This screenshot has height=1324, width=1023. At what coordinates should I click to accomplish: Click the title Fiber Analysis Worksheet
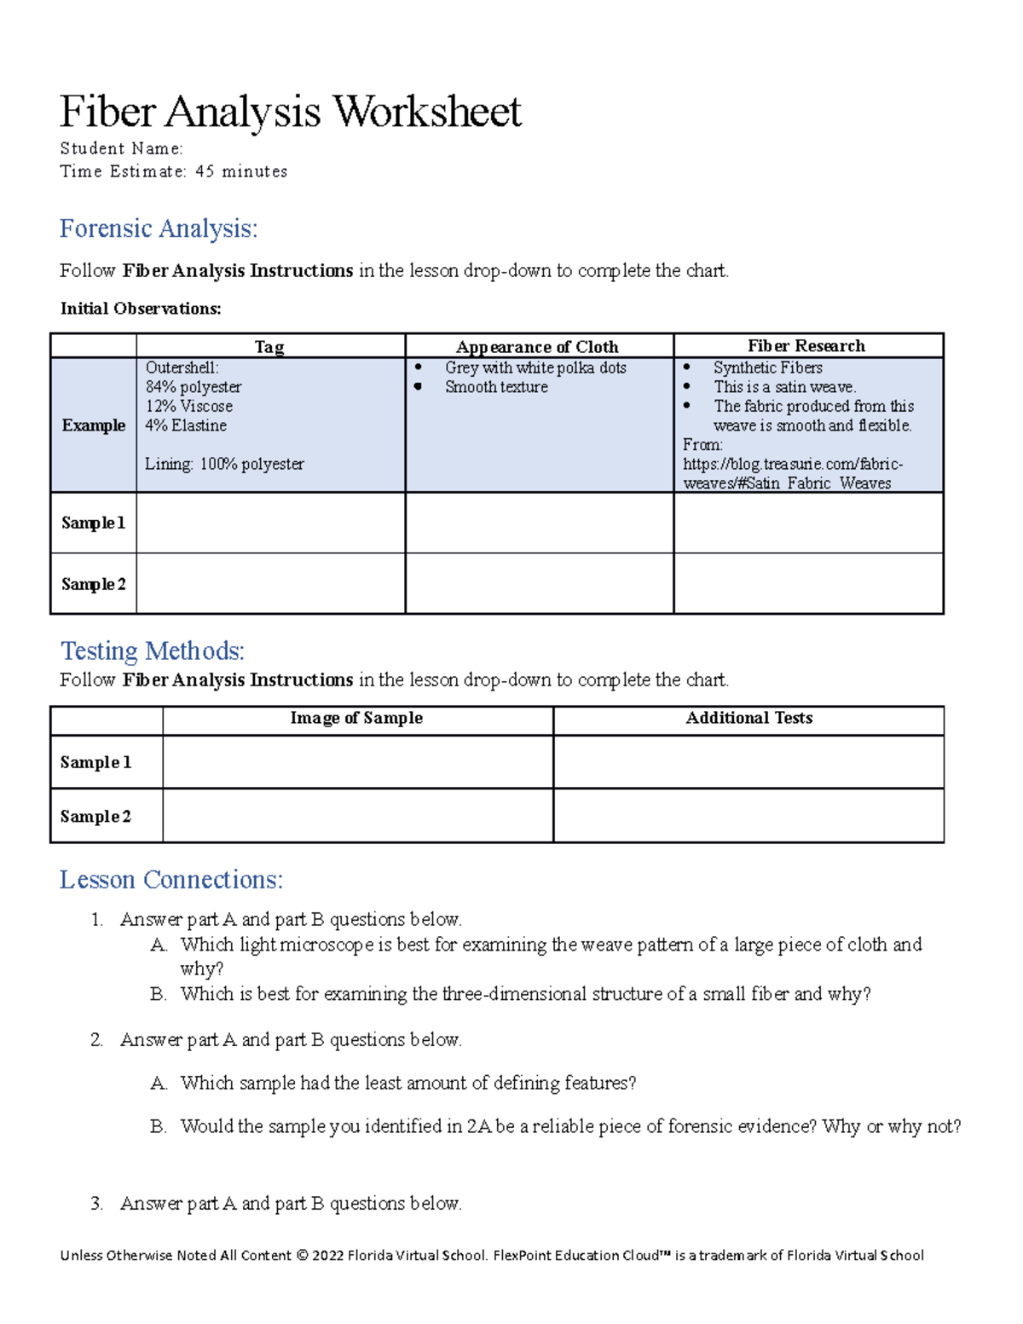click(290, 112)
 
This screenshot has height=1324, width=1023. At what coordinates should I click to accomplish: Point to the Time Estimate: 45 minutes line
click(173, 171)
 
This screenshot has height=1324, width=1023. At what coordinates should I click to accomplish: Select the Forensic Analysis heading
click(159, 228)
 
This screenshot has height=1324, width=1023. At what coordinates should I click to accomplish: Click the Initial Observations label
click(141, 309)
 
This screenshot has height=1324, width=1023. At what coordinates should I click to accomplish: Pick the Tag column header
click(269, 346)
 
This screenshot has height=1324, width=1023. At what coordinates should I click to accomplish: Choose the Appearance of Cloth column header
click(537, 346)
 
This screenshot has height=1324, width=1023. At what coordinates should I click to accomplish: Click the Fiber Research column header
click(806, 345)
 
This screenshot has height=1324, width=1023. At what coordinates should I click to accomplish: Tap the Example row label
click(94, 425)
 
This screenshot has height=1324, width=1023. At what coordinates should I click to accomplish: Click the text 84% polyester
click(194, 387)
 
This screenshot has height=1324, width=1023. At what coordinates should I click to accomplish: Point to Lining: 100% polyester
click(224, 464)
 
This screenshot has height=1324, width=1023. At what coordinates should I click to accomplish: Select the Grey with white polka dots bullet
click(535, 367)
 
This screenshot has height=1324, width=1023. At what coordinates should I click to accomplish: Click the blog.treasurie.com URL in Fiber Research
click(793, 473)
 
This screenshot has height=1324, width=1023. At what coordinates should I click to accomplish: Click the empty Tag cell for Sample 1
click(270, 523)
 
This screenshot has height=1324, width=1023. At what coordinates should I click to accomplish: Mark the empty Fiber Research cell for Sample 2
click(808, 584)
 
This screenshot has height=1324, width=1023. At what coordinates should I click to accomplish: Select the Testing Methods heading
click(153, 651)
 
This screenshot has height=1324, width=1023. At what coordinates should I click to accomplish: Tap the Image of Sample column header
click(356, 718)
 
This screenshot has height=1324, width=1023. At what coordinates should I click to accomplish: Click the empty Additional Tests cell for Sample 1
click(748, 762)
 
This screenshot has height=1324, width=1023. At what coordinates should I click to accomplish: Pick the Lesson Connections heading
click(171, 880)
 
